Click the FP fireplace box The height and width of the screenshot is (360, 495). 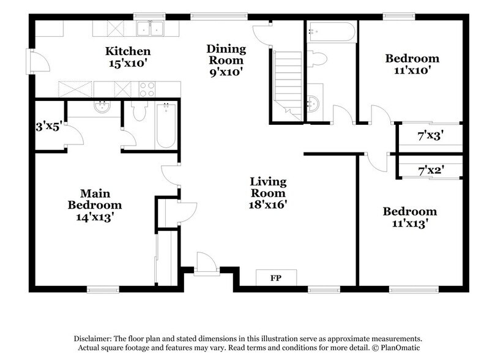click(275, 277)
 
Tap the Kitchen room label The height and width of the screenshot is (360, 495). click(127, 51)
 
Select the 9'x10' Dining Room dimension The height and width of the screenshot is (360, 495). click(226, 72)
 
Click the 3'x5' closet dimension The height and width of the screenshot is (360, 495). click(49, 127)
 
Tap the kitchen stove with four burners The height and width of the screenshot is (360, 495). click(147, 89)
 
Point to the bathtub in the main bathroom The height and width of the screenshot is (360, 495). click(166, 125)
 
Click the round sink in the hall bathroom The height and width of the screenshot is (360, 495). click(314, 103)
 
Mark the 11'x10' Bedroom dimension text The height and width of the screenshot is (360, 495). click(411, 70)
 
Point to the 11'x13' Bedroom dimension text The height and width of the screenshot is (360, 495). click(410, 223)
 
